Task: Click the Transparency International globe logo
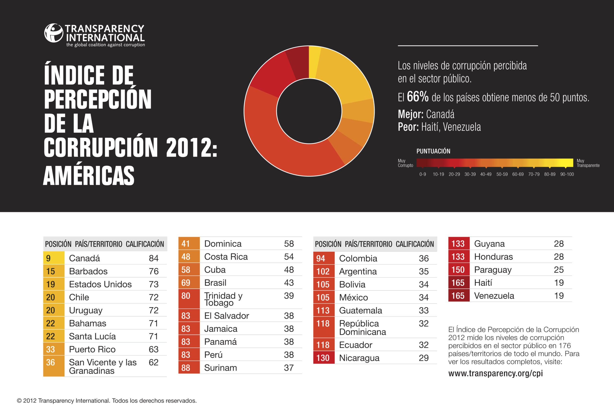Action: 53,33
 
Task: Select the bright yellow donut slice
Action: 314,62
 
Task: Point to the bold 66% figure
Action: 417,97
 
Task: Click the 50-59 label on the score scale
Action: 502,174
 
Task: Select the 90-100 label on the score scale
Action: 567,174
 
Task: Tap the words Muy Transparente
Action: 588,163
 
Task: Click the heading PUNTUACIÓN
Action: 433,151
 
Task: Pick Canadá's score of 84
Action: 154,258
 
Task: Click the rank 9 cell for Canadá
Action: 53,258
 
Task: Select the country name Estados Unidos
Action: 100,284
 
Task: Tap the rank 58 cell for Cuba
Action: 189,270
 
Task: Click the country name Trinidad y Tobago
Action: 223,299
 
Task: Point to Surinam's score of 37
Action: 289,368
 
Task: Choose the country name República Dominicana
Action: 362,328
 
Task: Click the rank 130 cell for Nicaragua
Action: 323,358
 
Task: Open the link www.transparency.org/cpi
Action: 495,373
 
